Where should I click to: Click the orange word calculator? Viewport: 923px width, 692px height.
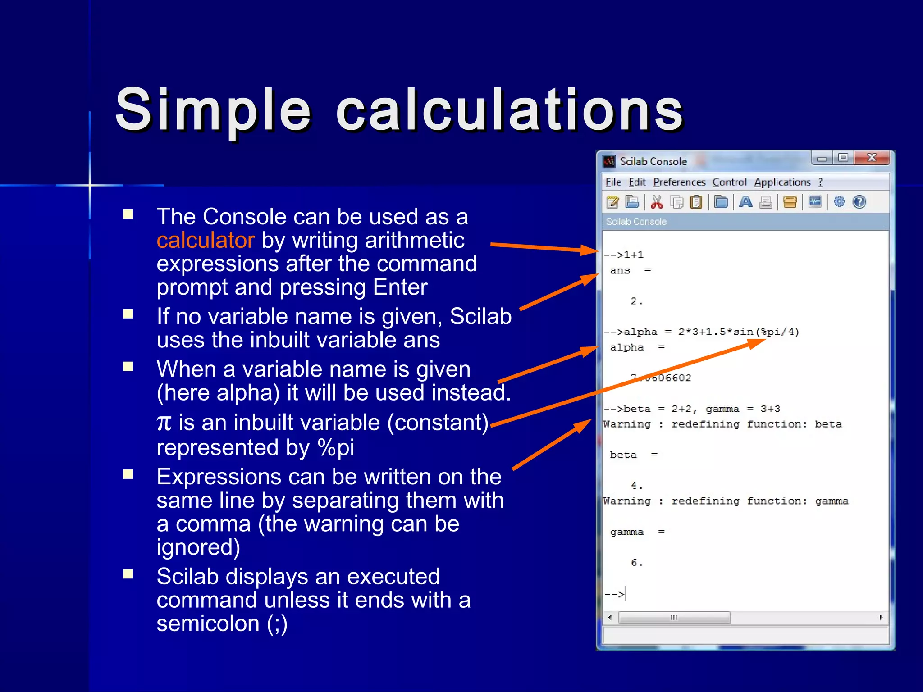[206, 240]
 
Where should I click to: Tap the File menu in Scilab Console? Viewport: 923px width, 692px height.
[613, 182]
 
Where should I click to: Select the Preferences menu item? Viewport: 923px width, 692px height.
[679, 182]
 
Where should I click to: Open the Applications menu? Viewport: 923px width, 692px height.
[782, 182]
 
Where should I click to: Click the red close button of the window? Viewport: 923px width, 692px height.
[872, 158]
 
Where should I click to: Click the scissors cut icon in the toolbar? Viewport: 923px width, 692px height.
[657, 202]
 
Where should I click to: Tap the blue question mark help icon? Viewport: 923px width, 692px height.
[859, 202]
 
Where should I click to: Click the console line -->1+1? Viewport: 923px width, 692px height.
[624, 255]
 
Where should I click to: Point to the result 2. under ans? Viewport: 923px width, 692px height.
[636, 301]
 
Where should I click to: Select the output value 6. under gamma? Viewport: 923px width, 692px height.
[636, 562]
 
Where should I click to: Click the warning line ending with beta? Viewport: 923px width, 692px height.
[722, 424]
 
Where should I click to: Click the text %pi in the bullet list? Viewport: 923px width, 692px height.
[336, 447]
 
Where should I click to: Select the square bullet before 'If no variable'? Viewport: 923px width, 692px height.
[128, 314]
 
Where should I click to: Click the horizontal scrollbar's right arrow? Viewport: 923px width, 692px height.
[881, 617]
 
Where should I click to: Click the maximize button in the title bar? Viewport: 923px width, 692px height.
[843, 158]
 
